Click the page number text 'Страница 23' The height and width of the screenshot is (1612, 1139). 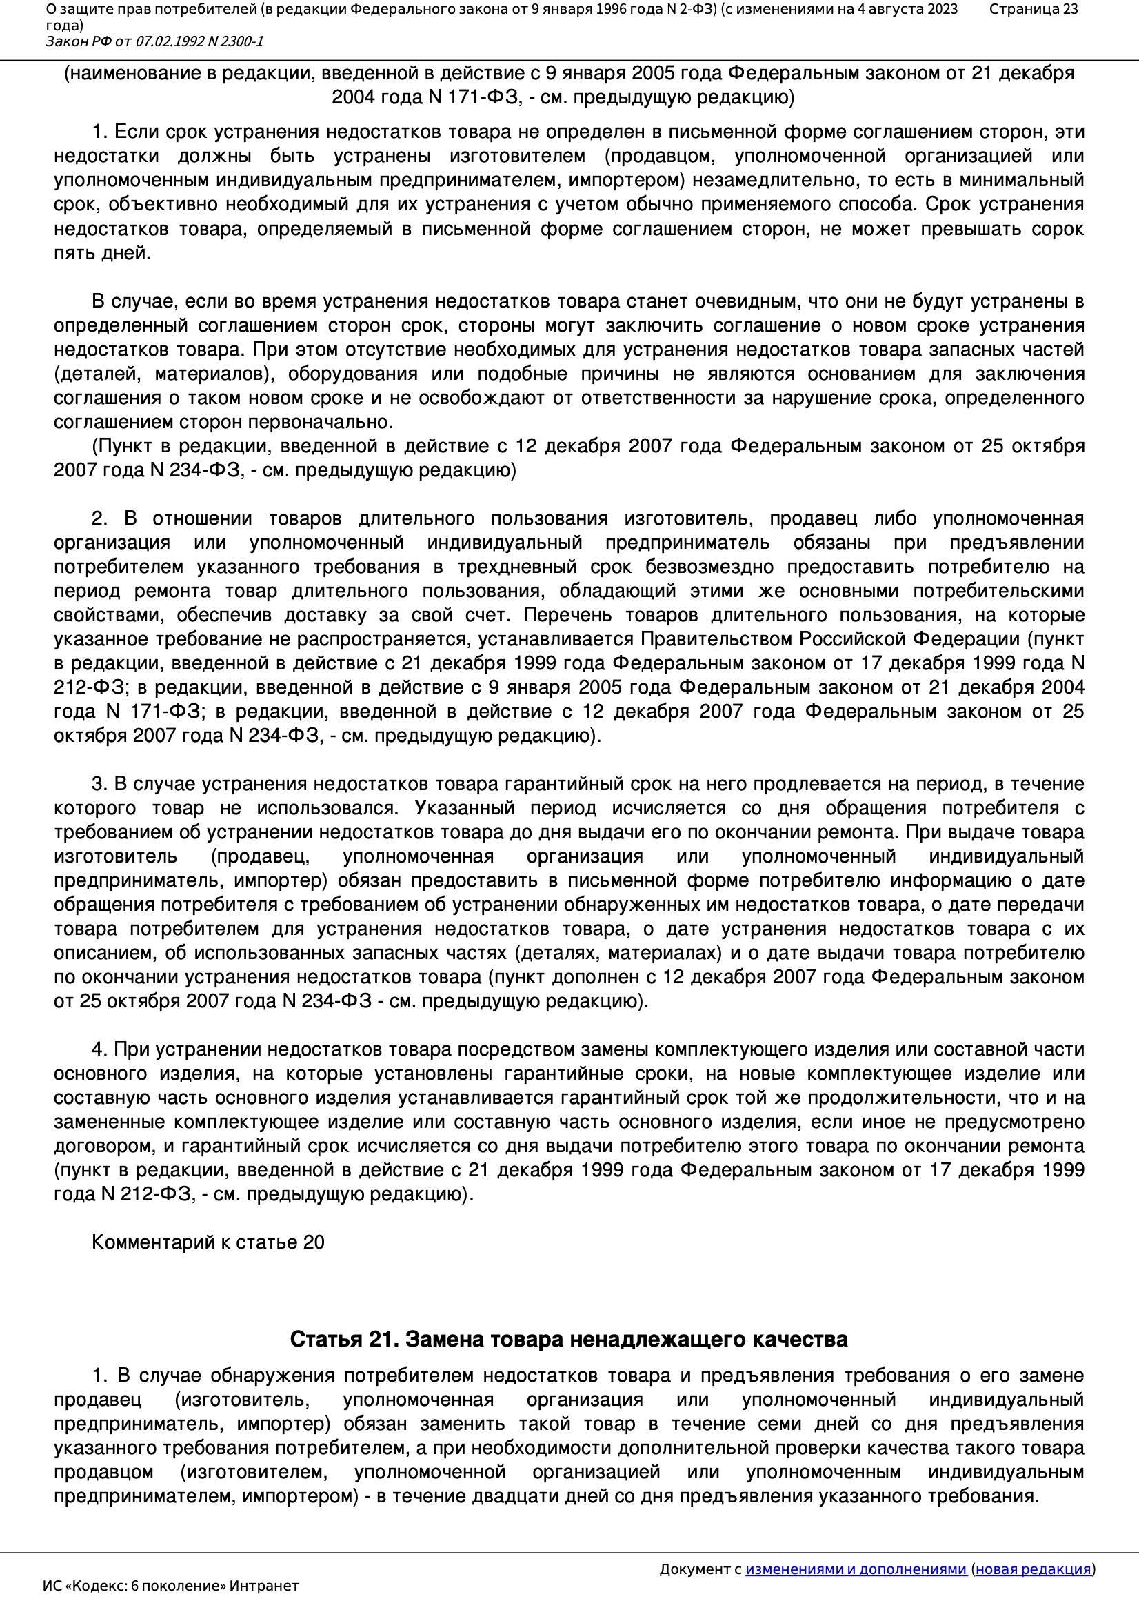(x=1033, y=9)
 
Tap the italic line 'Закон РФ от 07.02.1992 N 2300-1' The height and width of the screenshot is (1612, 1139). (x=154, y=41)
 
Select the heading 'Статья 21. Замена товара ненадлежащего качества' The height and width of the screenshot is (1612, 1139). (x=568, y=1339)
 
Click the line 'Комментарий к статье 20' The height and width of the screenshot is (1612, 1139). (x=208, y=1242)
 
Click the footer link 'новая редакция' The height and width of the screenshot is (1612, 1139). (x=1033, y=1569)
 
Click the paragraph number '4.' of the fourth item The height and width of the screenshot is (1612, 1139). (x=99, y=1049)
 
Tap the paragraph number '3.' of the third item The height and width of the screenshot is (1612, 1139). (x=99, y=783)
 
